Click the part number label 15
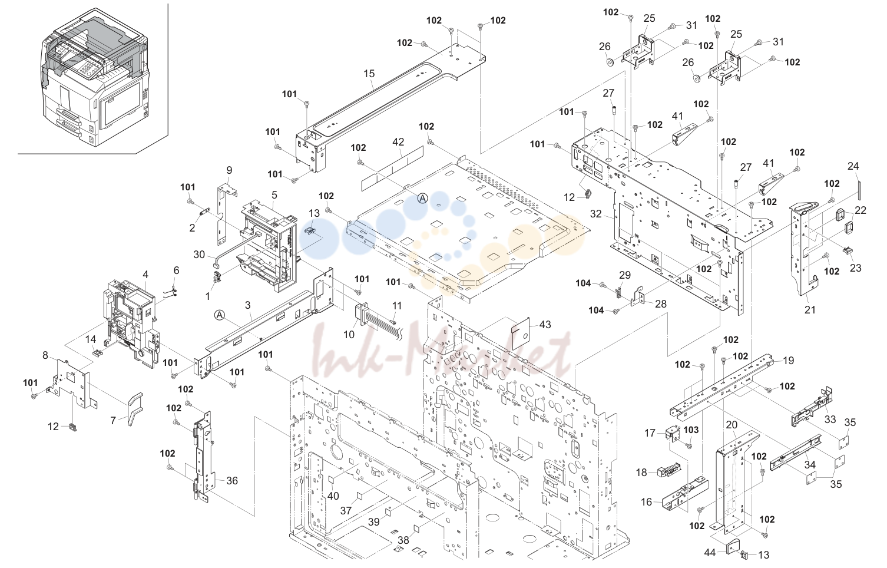pyautogui.click(x=369, y=74)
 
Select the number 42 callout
pyautogui.click(x=398, y=142)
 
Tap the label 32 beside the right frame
pyautogui.click(x=596, y=214)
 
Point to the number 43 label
pyautogui.click(x=545, y=325)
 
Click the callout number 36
pyautogui.click(x=231, y=481)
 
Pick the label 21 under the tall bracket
pyautogui.click(x=810, y=309)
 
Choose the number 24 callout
pyautogui.click(x=853, y=166)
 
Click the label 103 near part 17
pyautogui.click(x=691, y=430)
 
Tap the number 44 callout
pyautogui.click(x=710, y=552)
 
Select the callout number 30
pyautogui.click(x=199, y=255)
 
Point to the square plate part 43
pyautogui.click(x=521, y=333)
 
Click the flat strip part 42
pyautogui.click(x=392, y=166)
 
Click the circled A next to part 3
pyautogui.click(x=219, y=315)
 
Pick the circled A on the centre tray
pyautogui.click(x=423, y=198)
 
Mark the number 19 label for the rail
pyautogui.click(x=788, y=361)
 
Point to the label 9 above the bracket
pyautogui.click(x=229, y=170)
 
